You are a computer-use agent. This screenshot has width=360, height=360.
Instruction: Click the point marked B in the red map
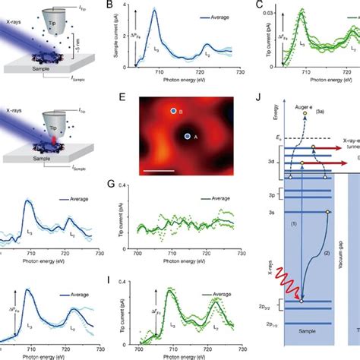pyautogui.click(x=174, y=112)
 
